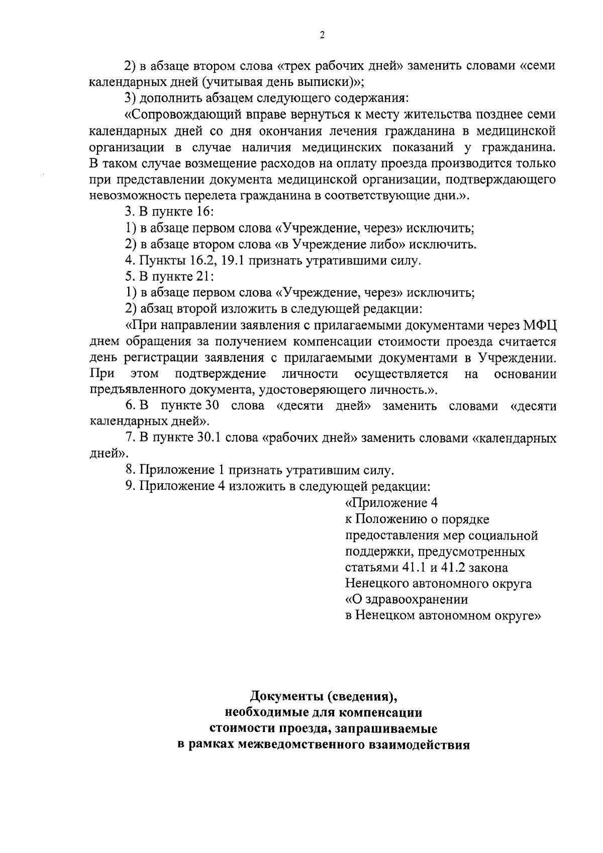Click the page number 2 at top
point(322,35)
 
